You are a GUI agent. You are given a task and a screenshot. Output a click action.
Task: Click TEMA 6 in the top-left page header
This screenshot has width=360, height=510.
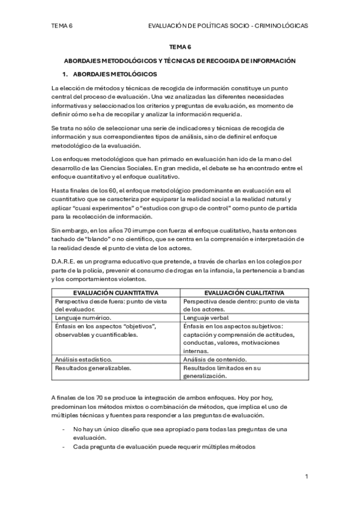(x=63, y=26)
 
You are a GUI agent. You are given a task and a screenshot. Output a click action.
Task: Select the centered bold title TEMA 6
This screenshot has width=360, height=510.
(x=180, y=46)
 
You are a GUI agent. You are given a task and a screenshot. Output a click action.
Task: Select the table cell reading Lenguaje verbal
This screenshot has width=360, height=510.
(x=207, y=317)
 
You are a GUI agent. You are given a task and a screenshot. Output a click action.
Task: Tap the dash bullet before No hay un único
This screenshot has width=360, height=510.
(x=64, y=429)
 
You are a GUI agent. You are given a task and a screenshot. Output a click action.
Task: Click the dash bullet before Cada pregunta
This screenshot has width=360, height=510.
(x=64, y=447)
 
